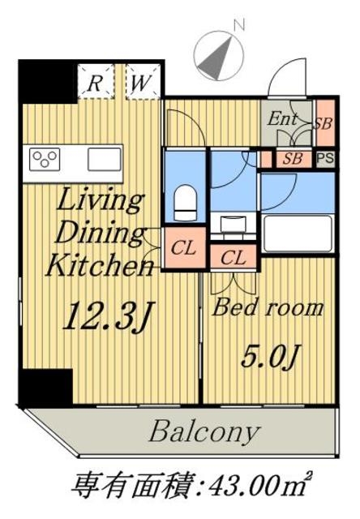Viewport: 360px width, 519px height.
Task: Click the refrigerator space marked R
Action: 96,81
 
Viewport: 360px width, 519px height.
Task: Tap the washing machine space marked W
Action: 143,81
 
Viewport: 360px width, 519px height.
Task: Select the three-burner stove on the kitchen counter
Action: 45,160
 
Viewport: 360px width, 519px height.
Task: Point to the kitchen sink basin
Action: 105,159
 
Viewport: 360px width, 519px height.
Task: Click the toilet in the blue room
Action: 186,203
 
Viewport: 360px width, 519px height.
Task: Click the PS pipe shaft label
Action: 326,159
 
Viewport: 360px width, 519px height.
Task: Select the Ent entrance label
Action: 282,119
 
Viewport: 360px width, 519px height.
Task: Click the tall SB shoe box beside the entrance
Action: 325,122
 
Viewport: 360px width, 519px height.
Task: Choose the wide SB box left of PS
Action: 294,159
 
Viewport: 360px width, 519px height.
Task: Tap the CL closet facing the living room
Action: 184,247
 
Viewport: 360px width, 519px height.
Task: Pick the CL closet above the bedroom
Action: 234,257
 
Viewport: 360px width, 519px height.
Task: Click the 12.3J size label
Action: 108,315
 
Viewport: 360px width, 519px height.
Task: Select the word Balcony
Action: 204,432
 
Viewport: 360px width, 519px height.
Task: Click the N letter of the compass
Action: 239,25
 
